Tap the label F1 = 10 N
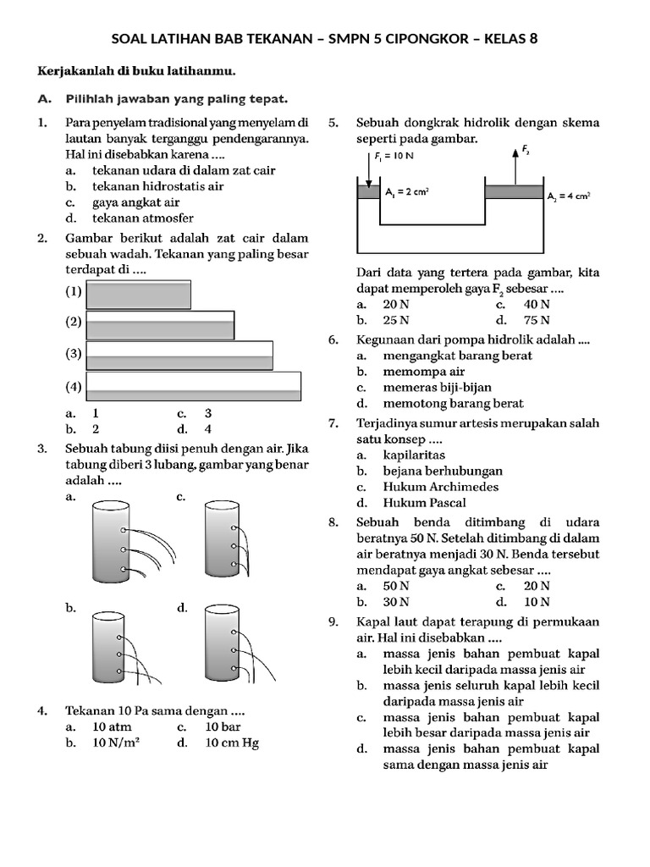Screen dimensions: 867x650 pyautogui.click(x=394, y=156)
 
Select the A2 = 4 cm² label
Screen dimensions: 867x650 pyautogui.click(x=568, y=195)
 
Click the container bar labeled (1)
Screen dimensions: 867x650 pyautogui.click(x=139, y=294)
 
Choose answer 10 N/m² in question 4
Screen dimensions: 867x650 pyautogui.click(x=116, y=743)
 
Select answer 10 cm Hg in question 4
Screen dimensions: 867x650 pyautogui.click(x=231, y=743)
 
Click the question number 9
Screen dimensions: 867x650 pyautogui.click(x=333, y=621)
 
